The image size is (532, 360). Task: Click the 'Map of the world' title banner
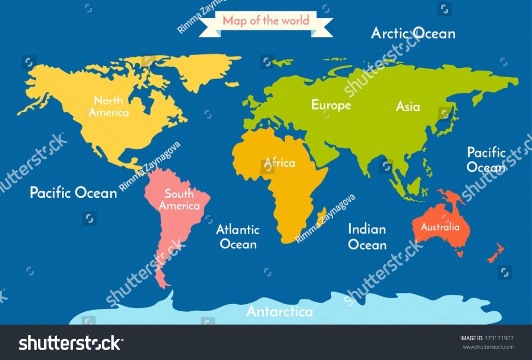tap(265, 21)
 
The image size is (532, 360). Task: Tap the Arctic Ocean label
tap(413, 34)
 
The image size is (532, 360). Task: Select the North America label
tap(109, 106)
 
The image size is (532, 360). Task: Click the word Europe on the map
tap(331, 105)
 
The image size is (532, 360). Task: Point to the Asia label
tap(408, 106)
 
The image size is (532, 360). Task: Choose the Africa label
tap(280, 163)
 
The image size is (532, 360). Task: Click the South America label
tap(179, 200)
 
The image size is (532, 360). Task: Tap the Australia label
tap(440, 227)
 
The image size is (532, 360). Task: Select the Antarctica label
tap(280, 312)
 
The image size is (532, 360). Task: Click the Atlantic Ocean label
tap(238, 236)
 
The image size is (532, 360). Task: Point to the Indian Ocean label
tap(367, 237)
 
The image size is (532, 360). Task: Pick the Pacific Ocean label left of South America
tap(73, 193)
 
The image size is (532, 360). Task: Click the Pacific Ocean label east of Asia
tap(486, 160)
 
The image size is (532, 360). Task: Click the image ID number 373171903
tap(498, 338)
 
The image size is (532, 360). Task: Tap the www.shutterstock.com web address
tap(488, 348)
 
